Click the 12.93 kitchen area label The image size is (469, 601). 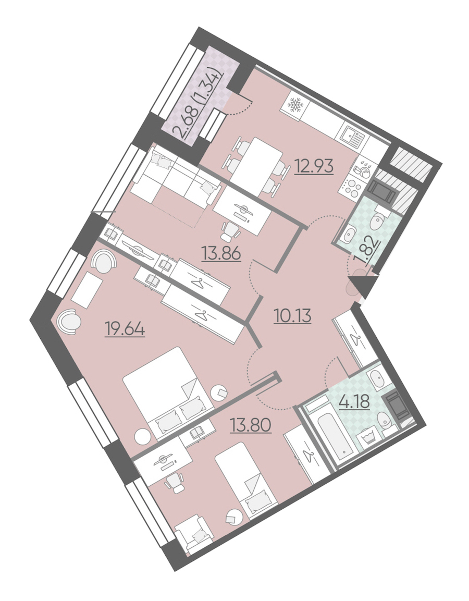(314, 167)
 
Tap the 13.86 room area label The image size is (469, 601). (221, 253)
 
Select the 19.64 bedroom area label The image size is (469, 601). (125, 329)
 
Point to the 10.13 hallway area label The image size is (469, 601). (292, 316)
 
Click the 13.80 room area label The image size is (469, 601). (251, 425)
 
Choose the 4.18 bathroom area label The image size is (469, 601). (354, 402)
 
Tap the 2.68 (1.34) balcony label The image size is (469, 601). (196, 104)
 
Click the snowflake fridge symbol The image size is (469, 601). (295, 105)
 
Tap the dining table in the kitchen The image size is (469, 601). (257, 163)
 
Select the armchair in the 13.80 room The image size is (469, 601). (194, 534)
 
